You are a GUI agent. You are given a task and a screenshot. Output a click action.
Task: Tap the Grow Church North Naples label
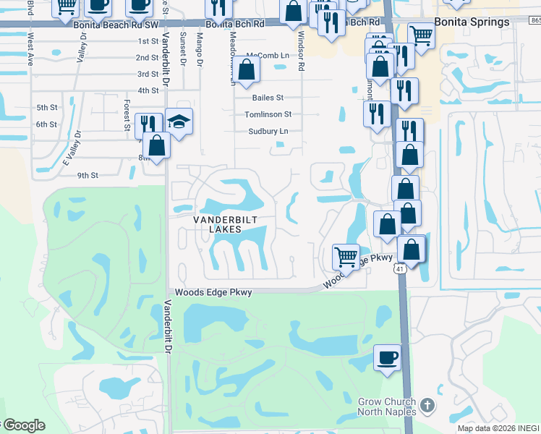tap(387, 407)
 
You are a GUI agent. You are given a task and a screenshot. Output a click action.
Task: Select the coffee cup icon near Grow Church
tap(387, 357)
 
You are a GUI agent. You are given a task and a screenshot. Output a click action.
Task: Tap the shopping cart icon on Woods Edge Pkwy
tap(346, 256)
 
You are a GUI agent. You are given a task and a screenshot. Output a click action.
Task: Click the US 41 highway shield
tap(400, 268)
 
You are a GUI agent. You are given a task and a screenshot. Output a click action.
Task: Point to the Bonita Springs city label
tap(472, 22)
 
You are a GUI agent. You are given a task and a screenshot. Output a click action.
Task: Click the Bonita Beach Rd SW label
tap(116, 24)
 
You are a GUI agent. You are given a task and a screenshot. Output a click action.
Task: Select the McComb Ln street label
tap(268, 56)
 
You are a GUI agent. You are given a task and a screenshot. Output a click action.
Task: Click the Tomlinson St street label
tap(268, 114)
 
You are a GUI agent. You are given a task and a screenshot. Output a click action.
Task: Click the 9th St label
tap(88, 175)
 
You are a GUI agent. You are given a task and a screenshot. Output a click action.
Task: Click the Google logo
tap(23, 425)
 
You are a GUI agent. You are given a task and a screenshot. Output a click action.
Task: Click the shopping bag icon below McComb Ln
tap(246, 70)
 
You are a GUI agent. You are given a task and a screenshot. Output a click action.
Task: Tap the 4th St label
tap(148, 90)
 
